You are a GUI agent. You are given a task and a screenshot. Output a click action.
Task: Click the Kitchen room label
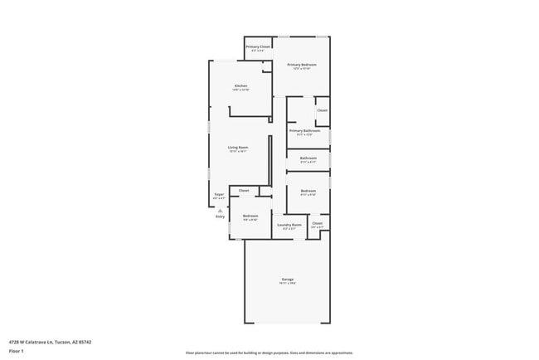tap(240, 85)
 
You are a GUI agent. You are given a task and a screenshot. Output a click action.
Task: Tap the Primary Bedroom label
tap(302, 64)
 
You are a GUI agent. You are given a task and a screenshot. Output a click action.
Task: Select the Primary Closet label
tap(258, 46)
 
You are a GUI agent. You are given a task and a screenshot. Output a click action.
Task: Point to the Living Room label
tap(238, 148)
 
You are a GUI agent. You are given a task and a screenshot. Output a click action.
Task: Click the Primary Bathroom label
tap(304, 130)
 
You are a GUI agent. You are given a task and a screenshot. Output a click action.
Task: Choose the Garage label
tap(287, 279)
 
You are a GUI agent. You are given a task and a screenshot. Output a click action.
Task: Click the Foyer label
tap(219, 194)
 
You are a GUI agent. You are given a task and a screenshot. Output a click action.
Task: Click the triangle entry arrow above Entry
tap(220, 211)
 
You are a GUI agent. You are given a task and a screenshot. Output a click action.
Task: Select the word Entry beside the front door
tap(220, 216)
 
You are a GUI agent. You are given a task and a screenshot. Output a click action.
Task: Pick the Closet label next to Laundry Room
tap(317, 222)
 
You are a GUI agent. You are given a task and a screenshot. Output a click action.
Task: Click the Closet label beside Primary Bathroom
tap(322, 109)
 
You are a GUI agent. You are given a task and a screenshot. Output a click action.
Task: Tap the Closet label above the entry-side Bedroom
tap(244, 190)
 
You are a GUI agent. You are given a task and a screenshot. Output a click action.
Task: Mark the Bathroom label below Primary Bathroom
tap(308, 158)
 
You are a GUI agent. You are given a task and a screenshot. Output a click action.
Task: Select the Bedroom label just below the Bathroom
tap(308, 190)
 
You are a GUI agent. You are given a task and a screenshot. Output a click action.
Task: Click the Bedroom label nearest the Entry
tap(250, 216)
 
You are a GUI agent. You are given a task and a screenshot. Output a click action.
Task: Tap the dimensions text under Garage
tap(287, 284)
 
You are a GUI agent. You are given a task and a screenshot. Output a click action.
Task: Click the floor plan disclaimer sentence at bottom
tap(269, 352)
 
